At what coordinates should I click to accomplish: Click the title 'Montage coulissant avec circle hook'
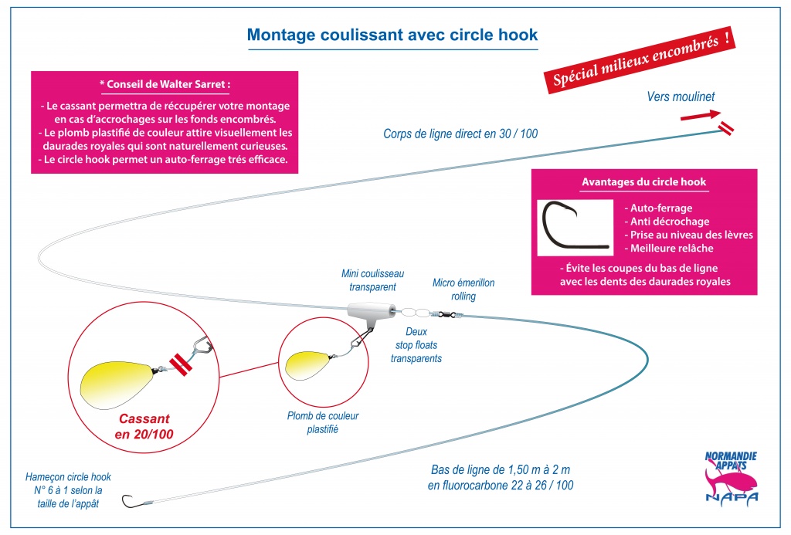click(392, 35)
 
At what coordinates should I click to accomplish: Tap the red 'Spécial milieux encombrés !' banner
click(639, 60)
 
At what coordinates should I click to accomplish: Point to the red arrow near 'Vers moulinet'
click(701, 116)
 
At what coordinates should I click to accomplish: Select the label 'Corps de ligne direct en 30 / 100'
click(460, 134)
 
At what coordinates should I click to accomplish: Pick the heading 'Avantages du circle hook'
click(643, 182)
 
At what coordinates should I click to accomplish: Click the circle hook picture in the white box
click(574, 226)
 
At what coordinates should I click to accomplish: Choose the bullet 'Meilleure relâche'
click(668, 248)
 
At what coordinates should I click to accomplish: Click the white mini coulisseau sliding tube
click(371, 311)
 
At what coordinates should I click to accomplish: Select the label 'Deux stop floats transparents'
click(416, 345)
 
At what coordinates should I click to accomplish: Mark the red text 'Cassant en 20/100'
click(144, 427)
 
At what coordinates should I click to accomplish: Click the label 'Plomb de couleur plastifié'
click(323, 422)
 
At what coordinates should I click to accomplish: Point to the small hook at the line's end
click(129, 503)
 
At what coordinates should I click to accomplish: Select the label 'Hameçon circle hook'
click(68, 477)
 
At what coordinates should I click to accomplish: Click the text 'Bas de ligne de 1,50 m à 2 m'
click(501, 470)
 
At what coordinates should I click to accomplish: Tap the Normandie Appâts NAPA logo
click(731, 477)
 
